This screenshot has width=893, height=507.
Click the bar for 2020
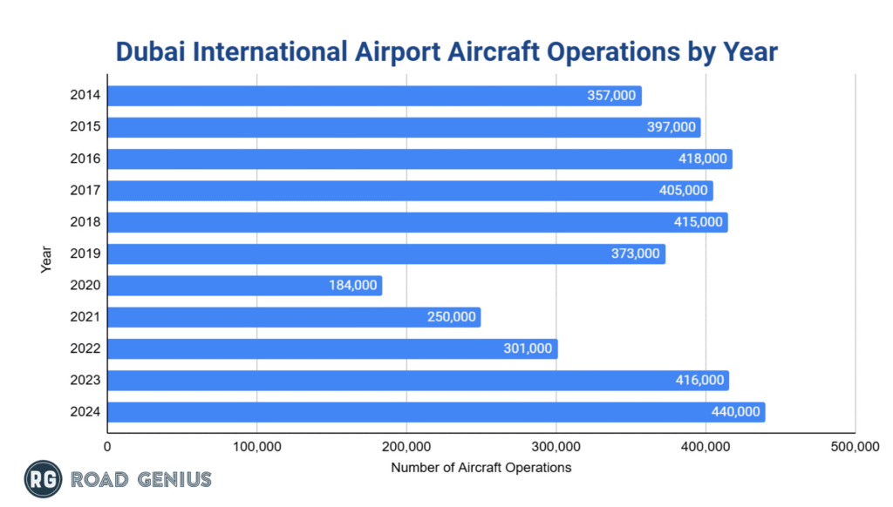244,286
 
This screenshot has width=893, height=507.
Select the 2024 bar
436,412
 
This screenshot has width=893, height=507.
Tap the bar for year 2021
293,317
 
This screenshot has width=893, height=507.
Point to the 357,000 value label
611,96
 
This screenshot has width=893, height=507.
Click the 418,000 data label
703,159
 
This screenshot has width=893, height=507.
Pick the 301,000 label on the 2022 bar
528,348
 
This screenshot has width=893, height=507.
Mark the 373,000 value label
636,253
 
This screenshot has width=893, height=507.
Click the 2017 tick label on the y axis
85,190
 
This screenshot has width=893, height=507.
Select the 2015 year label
85,127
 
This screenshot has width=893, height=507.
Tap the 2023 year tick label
85,380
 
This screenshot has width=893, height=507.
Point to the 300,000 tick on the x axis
556,447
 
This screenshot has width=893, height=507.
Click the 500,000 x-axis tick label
855,447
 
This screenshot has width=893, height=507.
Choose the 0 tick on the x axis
107,447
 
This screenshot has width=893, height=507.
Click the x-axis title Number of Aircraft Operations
481,468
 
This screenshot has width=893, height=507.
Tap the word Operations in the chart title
611,52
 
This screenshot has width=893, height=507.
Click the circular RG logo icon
40,478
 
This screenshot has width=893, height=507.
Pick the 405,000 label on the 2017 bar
684,191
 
